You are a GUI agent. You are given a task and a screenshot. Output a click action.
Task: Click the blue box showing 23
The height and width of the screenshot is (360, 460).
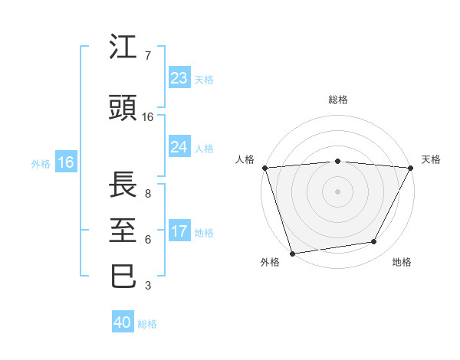[179, 78]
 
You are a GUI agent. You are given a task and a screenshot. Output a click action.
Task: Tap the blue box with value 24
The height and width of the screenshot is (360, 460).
[179, 147]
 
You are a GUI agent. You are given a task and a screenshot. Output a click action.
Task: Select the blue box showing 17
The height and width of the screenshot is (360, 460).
[179, 232]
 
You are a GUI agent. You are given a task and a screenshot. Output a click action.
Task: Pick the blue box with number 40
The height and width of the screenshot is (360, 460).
[123, 322]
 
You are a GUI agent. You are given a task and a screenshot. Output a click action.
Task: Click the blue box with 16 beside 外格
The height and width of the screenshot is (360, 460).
[65, 162]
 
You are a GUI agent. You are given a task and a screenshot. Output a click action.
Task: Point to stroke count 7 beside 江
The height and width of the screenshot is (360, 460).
[147, 56]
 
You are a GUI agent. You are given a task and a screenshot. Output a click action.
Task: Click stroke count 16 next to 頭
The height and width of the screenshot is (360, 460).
[148, 117]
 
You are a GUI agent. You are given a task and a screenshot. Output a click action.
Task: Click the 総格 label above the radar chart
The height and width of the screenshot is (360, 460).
[337, 100]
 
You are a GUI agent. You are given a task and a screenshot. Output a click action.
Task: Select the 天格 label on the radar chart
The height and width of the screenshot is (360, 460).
[432, 159]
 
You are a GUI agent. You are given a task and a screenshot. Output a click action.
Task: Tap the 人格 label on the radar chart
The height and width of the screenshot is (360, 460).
[245, 159]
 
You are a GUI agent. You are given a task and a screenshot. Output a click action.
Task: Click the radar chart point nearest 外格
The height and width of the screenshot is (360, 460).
[292, 253]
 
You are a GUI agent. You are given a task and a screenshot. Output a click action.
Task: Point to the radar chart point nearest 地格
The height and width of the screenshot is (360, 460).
[374, 242]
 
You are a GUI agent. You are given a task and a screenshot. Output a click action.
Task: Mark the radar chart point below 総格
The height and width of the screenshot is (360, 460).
[337, 161]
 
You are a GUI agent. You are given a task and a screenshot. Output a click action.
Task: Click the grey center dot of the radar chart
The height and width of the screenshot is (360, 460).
[337, 191]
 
